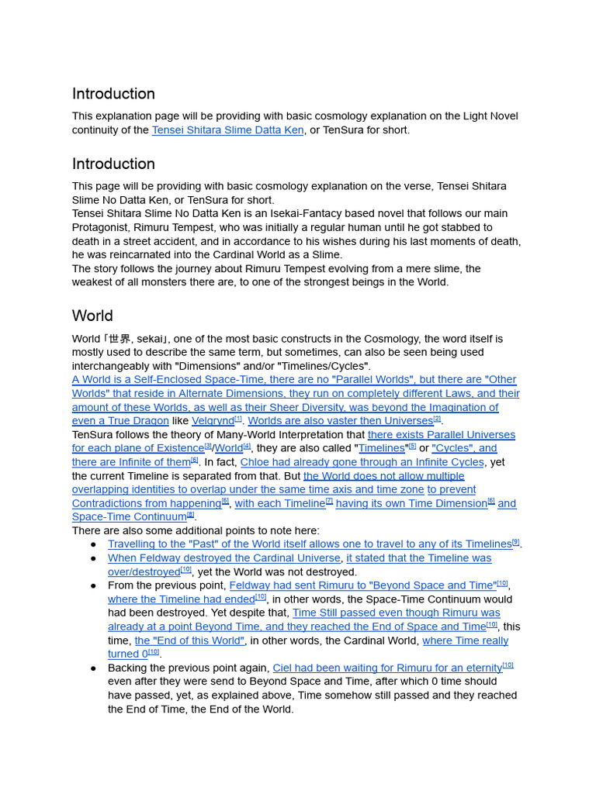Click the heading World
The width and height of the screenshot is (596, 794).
coord(92,316)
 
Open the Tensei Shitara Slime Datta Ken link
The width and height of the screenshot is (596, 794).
coord(227,130)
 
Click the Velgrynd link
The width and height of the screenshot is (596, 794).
coord(213,421)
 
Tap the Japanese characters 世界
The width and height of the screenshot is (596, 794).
coord(120,339)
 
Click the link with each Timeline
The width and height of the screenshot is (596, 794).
coord(279,504)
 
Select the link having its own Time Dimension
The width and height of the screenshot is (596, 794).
coord(411,504)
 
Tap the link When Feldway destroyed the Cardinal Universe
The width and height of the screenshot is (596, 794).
coord(224,558)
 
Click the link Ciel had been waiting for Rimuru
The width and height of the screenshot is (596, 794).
coord(386,668)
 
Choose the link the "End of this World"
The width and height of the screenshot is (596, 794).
coord(190,640)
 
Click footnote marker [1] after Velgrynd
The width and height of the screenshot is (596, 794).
coord(238,419)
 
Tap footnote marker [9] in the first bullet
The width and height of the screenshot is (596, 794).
coord(516,542)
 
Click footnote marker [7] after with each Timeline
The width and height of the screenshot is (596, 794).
coord(329,502)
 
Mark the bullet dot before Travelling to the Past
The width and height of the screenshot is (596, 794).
coord(94,545)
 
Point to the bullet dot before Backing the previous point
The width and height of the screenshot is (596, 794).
coord(94,668)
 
